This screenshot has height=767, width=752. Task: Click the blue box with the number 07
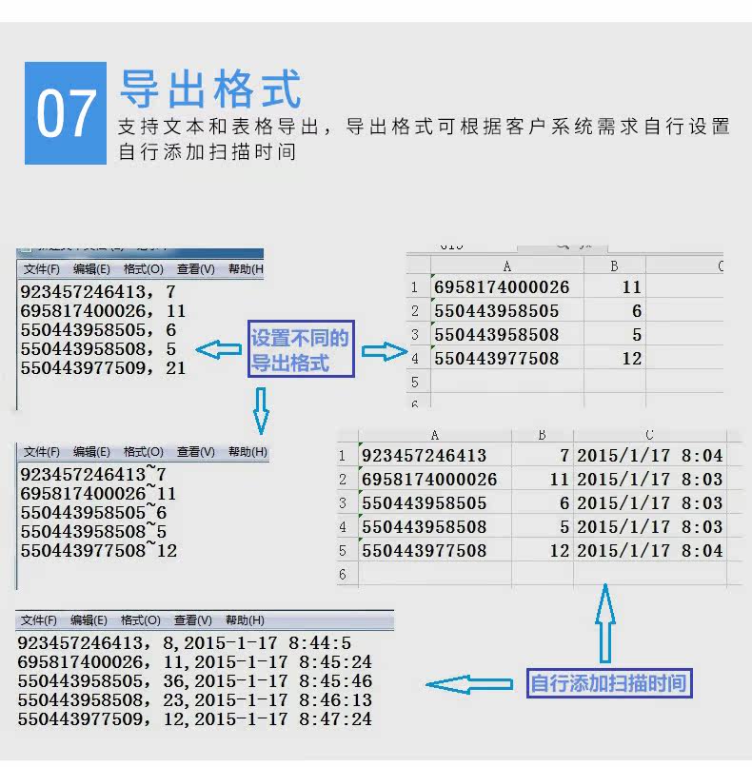(x=66, y=113)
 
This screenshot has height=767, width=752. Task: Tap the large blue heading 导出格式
(x=210, y=89)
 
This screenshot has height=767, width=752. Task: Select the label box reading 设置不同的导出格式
(x=301, y=350)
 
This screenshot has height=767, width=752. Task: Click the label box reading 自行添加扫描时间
(x=608, y=682)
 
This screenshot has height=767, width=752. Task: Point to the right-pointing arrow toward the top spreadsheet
(x=385, y=352)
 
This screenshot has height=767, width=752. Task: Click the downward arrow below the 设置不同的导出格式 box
(x=261, y=410)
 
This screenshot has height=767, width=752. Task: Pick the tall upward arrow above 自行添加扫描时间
(x=604, y=622)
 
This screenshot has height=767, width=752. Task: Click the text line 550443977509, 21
(x=103, y=367)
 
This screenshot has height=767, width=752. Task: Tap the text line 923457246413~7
(x=93, y=474)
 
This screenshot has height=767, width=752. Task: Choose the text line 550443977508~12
(x=99, y=550)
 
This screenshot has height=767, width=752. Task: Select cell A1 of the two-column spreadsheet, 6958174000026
(x=502, y=287)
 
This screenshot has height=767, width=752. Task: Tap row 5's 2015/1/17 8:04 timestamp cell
(x=650, y=551)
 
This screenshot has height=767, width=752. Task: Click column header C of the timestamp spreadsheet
(x=649, y=435)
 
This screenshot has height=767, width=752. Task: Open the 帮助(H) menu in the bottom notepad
(x=245, y=620)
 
